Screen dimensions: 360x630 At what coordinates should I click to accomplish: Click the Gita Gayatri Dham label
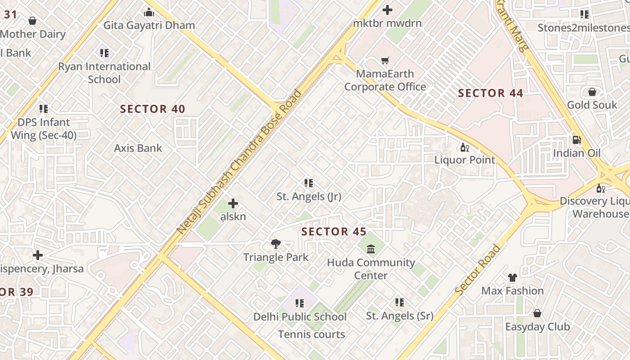[x=149, y=25]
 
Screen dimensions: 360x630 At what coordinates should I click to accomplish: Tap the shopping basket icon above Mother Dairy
[x=32, y=21]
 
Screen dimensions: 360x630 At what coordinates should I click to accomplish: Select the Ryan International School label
[x=104, y=73]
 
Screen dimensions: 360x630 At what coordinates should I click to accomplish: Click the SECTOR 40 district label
[x=153, y=109]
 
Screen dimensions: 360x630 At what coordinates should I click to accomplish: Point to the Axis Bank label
[x=138, y=148]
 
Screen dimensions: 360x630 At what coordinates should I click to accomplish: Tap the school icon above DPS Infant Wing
[x=44, y=109]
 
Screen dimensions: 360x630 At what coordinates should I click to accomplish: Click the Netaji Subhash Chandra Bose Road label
[x=239, y=162]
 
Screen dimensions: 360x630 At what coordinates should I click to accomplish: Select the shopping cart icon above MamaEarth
[x=385, y=60]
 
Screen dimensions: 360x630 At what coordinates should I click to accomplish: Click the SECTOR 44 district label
[x=490, y=93]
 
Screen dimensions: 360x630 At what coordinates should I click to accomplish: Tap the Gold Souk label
[x=592, y=105]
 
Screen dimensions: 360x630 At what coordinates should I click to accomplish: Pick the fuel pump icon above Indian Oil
[x=576, y=139]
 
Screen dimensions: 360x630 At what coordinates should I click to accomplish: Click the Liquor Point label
[x=464, y=160]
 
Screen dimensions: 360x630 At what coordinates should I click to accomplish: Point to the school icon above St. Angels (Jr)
[x=309, y=183]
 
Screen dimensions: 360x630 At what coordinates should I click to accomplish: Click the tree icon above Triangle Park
[x=276, y=244]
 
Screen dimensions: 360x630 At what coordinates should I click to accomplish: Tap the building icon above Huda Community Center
[x=371, y=249]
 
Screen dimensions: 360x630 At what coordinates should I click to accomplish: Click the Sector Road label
[x=477, y=270]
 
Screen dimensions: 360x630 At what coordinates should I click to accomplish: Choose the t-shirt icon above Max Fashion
[x=512, y=278]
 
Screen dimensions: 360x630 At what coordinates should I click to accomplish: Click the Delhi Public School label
[x=300, y=316]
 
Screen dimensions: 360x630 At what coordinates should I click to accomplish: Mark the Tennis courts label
[x=311, y=334]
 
